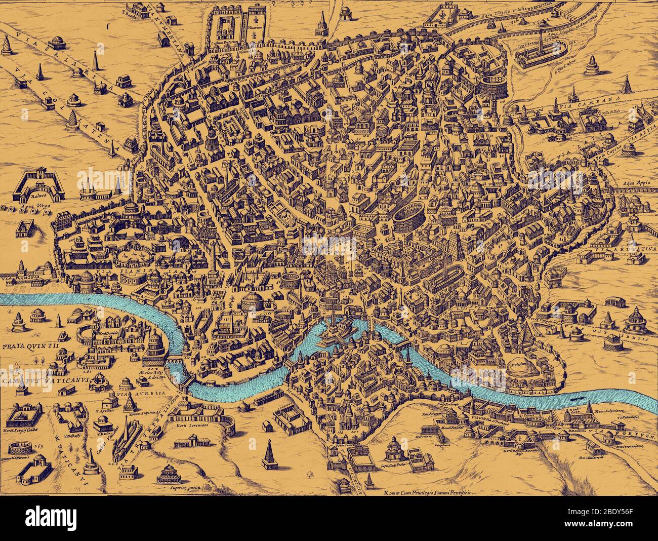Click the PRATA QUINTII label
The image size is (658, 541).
(x=30, y=347)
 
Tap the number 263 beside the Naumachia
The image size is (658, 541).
(x=40, y=446)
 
